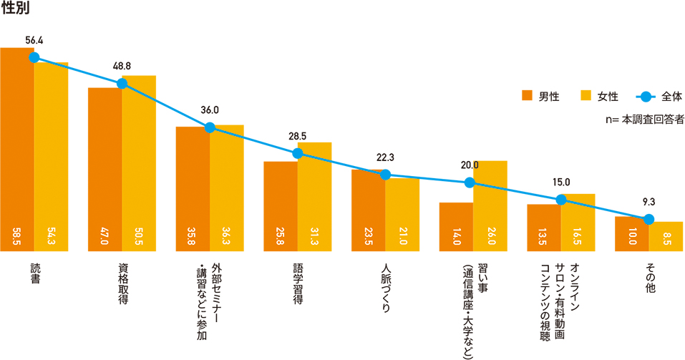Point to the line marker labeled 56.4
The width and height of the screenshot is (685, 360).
tap(34, 57)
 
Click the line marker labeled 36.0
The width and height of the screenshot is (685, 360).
tap(210, 127)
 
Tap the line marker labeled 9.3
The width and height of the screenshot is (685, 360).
tap(648, 219)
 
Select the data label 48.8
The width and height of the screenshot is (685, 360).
tap(122, 66)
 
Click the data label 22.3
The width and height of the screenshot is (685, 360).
tap(385, 157)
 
